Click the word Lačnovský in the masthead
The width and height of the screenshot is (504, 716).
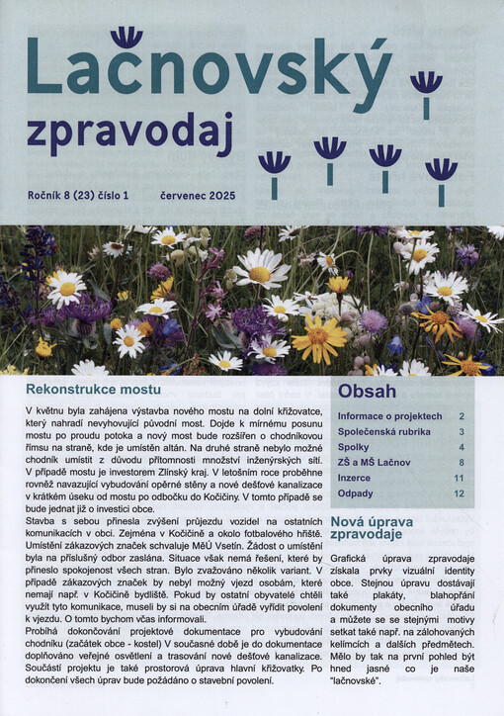[208, 71]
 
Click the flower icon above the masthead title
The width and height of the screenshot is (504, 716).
[126, 38]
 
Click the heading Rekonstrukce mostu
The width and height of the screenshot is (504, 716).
[94, 390]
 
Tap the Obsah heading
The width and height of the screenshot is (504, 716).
[367, 391]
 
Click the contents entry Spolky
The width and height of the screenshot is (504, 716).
[353, 447]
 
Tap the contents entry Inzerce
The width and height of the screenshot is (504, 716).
[354, 478]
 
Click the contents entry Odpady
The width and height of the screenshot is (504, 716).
[355, 492]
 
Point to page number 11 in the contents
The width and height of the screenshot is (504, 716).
[459, 478]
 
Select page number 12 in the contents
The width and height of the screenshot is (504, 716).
[459, 492]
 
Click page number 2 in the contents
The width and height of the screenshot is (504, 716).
[462, 417]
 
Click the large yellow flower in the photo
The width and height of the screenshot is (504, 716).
[318, 338]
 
